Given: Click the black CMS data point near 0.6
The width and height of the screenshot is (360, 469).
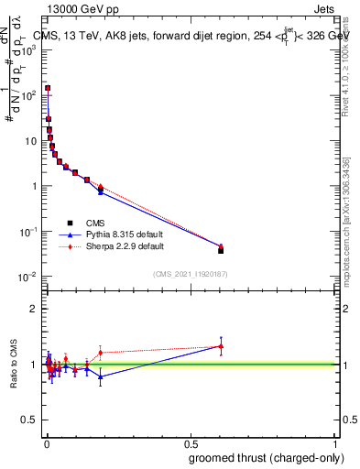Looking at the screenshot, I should pyautogui.click(x=221, y=250).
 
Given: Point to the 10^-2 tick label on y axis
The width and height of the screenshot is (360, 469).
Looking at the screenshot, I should pyautogui.click(x=30, y=277).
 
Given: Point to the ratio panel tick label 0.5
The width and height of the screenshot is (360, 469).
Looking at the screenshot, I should pyautogui.click(x=28, y=421).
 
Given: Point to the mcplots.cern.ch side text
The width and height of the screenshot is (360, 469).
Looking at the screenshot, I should pyautogui.click(x=348, y=229).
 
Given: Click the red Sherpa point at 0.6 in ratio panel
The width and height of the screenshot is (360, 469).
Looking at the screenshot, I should pyautogui.click(x=221, y=346).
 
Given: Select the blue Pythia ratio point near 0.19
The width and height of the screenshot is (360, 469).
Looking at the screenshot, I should pyautogui.click(x=101, y=376).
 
